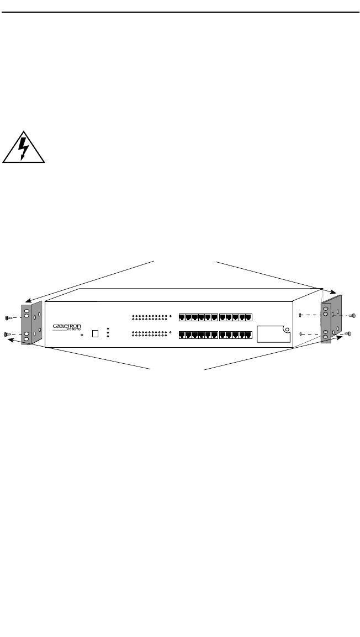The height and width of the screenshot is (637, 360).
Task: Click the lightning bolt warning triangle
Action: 23,147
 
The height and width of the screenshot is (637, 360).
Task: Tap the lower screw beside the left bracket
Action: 7,334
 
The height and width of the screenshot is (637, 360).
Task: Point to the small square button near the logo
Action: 95,333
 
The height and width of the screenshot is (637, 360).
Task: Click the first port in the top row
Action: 183,317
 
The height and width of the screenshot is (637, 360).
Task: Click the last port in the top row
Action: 248,317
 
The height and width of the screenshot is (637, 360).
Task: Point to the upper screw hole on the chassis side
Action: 300,315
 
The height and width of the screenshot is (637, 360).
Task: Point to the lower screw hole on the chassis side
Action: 300,333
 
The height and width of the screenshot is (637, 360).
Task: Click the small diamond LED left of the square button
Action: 82,335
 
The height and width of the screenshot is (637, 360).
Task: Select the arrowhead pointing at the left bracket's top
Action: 25,302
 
